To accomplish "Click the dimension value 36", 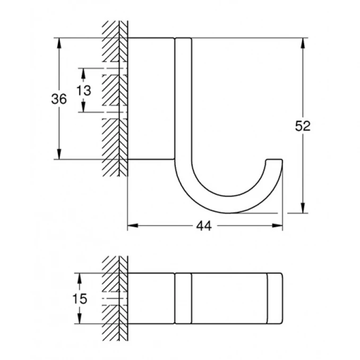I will point(59,99).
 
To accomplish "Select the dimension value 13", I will point(83,90).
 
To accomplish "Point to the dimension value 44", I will point(203,226).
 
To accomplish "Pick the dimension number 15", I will point(79,298).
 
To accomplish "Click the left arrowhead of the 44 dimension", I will point(132,226).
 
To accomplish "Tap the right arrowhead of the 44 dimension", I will point(278,226).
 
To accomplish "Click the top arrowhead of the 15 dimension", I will point(79,277).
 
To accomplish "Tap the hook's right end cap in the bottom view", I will point(275,298).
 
